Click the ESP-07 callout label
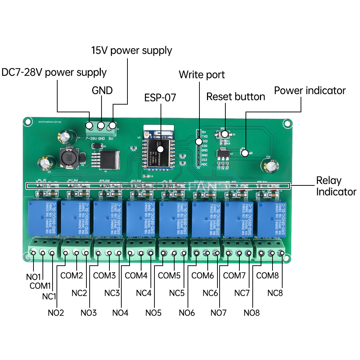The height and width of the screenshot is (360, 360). pos(160,98)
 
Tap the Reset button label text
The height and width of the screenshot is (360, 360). pos(235,96)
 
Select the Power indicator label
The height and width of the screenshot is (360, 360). pos(310,90)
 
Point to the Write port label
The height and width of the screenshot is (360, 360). pos(202,75)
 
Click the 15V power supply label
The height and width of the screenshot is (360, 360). pos(131,50)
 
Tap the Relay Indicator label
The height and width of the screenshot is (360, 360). pos(336,186)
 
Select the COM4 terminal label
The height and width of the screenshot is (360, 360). pos(136,276)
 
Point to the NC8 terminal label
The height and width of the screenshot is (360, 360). pos(275,293)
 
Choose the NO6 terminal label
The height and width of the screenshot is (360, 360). pos(186,312)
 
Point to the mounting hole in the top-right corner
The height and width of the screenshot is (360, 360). pos(287,123)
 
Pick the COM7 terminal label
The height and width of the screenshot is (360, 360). pos(234,276)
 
